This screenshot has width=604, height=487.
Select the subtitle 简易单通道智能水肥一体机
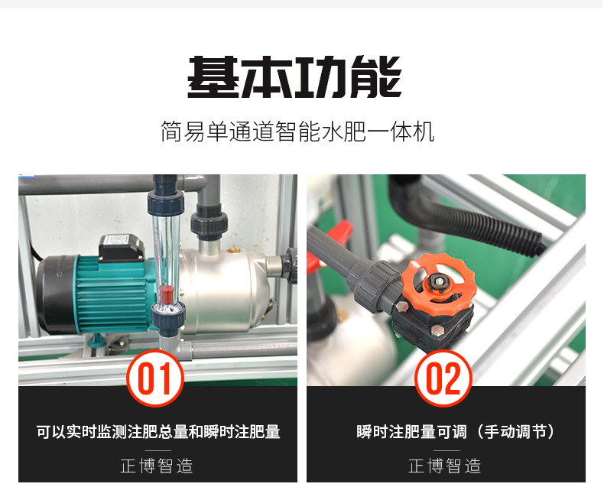pyautogui.click(x=297, y=131)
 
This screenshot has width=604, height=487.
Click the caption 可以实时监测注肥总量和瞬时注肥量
pyautogui.click(x=158, y=432)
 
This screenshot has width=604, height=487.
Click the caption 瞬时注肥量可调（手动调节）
pyautogui.click(x=456, y=432)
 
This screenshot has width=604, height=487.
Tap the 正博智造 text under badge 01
pyautogui.click(x=157, y=466)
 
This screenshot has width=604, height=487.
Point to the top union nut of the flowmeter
pyautogui.click(x=164, y=200)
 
